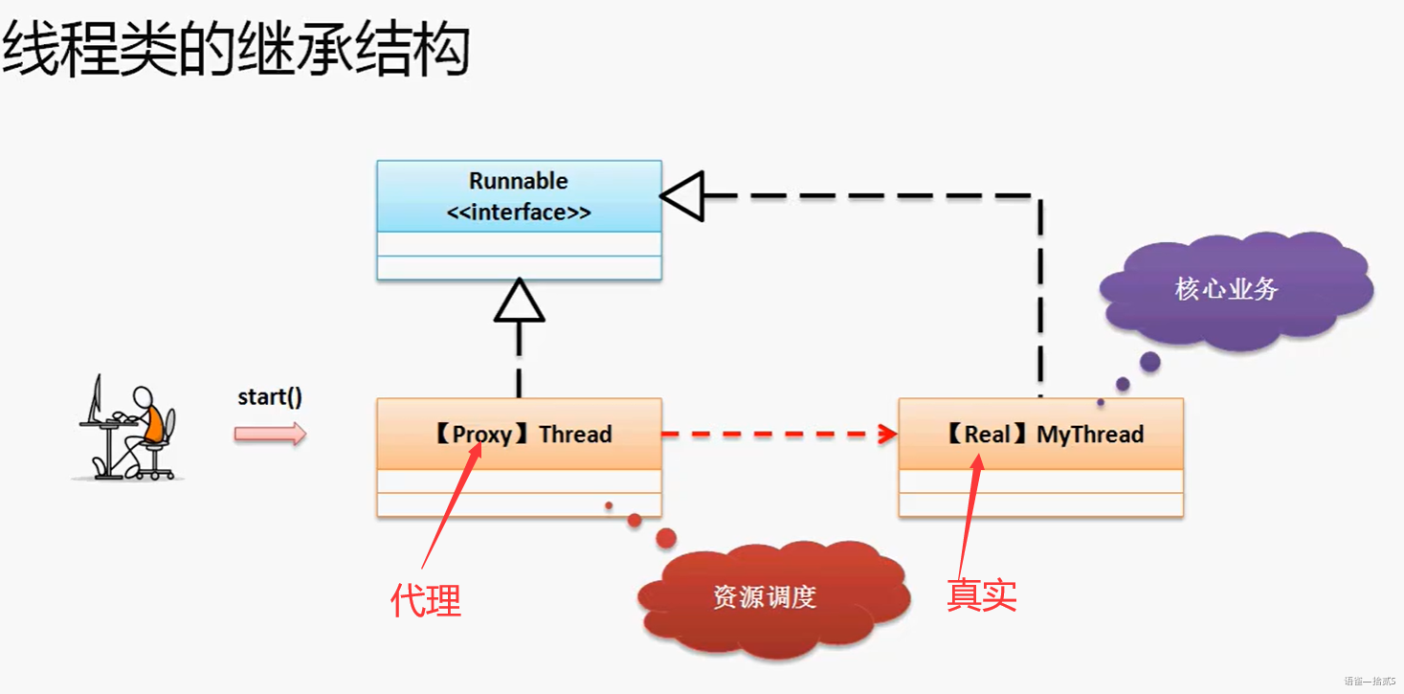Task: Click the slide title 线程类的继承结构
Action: pos(235,51)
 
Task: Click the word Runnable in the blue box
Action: pos(518,181)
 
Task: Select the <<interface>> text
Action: pos(518,213)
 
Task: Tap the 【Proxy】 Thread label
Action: pos(522,434)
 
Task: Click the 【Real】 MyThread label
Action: pos(1044,434)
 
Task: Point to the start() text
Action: pos(270,396)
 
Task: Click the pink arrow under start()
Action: pos(270,434)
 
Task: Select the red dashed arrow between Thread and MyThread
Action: pos(775,434)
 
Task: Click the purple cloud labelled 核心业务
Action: pos(1230,289)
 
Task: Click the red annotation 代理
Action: pos(426,600)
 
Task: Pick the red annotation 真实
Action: pos(981,594)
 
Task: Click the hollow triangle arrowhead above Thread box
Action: pos(519,302)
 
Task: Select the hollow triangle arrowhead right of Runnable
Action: pos(682,195)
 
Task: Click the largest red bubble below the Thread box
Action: pos(666,537)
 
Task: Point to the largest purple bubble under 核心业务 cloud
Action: pos(1150,362)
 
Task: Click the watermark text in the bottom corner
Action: pos(1370,682)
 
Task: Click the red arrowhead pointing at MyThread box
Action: pos(887,434)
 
